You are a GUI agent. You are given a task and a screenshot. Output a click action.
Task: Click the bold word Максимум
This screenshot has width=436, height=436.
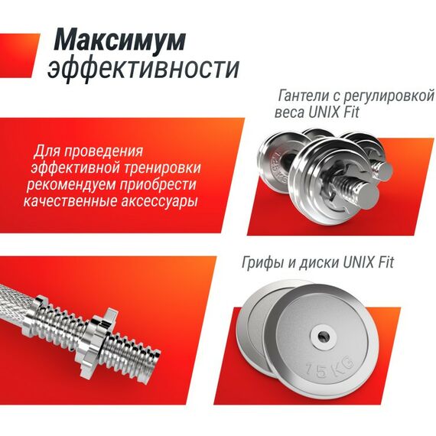(x=119, y=41)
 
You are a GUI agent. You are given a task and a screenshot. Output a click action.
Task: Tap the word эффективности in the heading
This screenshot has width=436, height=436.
(x=144, y=69)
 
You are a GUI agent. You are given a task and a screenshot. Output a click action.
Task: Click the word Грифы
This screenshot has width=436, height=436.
(x=263, y=263)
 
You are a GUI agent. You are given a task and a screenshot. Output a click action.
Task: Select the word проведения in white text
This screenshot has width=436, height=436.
(x=105, y=152)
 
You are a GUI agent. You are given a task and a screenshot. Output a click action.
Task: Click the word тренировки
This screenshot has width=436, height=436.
(x=162, y=168)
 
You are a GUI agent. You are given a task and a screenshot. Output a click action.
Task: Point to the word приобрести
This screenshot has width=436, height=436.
(x=158, y=184)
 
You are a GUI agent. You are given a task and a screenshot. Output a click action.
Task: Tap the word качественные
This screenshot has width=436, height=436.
(x=70, y=201)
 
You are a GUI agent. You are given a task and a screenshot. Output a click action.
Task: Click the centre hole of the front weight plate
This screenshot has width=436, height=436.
(x=323, y=337)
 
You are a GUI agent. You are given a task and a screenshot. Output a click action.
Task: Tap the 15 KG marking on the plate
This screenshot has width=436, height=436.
(x=330, y=368)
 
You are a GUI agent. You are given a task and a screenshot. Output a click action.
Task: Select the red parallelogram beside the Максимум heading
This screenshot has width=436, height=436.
(x=19, y=56)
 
